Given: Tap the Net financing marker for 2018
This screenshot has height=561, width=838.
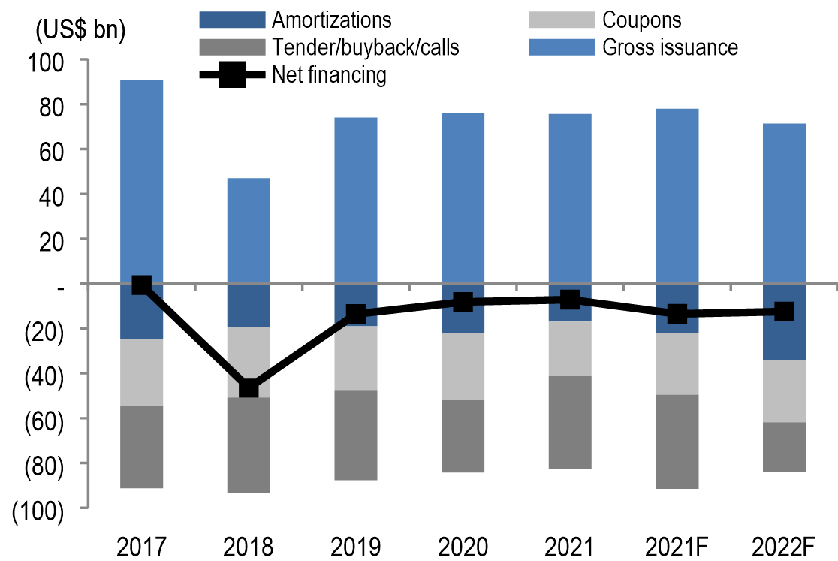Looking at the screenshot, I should coord(249,388).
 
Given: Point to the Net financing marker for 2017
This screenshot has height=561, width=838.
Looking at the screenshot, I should coord(141,285).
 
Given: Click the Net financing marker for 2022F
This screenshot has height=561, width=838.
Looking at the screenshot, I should coord(784,311).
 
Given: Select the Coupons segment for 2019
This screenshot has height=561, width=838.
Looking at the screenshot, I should coord(356,357).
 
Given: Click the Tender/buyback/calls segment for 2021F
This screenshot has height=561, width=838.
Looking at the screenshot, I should coord(677,442).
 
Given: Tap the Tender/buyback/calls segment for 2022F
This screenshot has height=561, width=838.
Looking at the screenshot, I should coord(784,447).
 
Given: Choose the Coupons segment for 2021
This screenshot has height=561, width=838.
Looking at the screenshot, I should coord(569,348).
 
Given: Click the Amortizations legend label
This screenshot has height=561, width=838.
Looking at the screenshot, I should coord(332,20).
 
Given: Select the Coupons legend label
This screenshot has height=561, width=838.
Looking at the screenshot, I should coord(642,20).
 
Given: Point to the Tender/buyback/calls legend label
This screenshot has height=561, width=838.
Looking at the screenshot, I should coord(366,47).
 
